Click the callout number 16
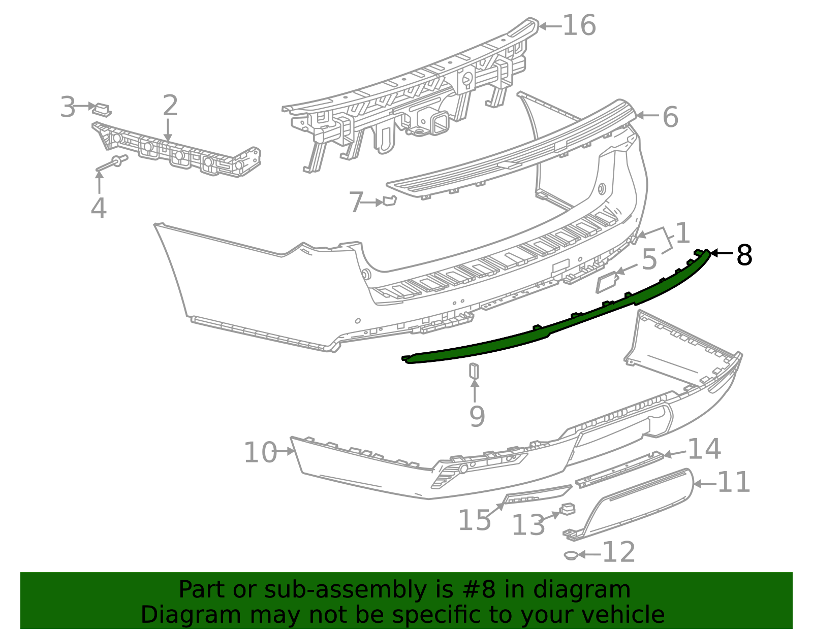coord(579,25)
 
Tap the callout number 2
coord(170,106)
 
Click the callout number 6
coord(670,117)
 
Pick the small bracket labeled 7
coord(389,201)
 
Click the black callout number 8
coord(744,255)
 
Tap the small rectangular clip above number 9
coord(474,371)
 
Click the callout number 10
coord(260,453)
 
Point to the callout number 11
coord(734,482)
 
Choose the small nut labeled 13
coord(567,508)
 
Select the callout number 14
coord(704,449)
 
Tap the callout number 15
coord(475,520)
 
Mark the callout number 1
coord(682,234)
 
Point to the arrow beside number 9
coord(475,391)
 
